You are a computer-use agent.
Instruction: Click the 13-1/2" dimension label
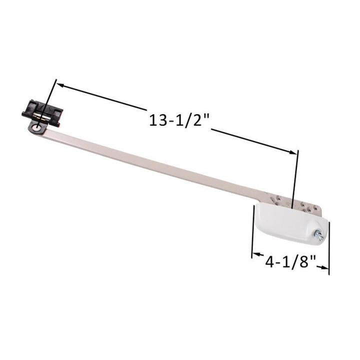178,121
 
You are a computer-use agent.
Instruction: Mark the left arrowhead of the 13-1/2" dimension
60,85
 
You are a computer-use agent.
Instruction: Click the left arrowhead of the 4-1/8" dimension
255,255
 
